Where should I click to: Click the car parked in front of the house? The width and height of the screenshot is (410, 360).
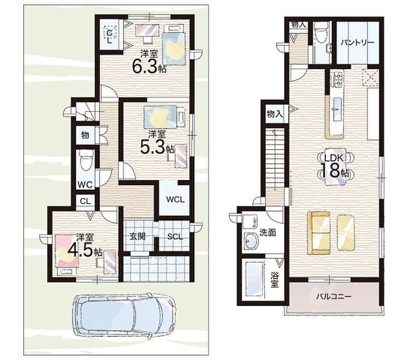(x=125, y=315)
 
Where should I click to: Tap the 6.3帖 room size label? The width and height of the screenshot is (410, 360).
(x=149, y=66)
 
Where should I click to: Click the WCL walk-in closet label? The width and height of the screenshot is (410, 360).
(x=175, y=200)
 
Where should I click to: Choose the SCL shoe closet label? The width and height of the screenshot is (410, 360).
(x=175, y=236)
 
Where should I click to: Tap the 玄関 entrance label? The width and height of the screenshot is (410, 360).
(x=137, y=236)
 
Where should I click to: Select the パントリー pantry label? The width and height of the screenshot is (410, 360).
(x=357, y=42)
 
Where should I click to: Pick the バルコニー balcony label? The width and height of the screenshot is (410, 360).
(x=334, y=297)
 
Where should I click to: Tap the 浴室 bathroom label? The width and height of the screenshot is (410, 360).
(x=274, y=280)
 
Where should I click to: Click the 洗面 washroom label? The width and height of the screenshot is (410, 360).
(x=268, y=233)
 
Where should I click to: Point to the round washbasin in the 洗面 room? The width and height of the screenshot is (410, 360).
(x=251, y=240)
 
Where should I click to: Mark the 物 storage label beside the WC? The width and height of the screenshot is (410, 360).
(x=85, y=135)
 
